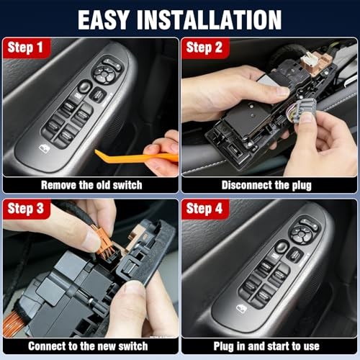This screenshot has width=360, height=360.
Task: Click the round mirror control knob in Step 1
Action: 107,71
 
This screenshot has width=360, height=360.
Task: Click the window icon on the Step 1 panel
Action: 45,148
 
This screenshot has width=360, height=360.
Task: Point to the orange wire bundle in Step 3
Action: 13,324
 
